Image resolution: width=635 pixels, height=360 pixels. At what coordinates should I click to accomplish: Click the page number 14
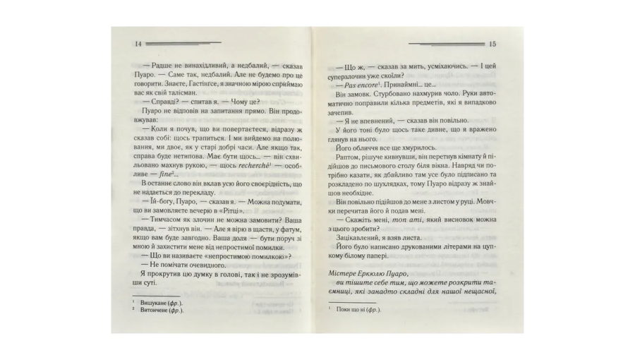point(138,43)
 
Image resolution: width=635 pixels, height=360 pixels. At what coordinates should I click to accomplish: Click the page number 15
point(492,44)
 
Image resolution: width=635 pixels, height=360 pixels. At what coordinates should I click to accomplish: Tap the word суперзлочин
point(351,73)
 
